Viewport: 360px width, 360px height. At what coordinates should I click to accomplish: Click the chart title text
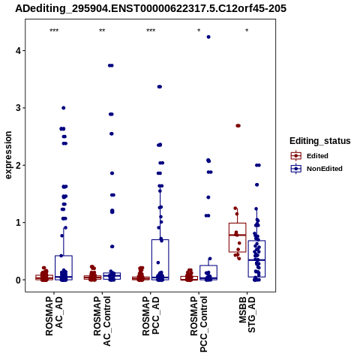151,8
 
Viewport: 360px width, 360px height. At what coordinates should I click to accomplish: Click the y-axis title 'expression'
8,155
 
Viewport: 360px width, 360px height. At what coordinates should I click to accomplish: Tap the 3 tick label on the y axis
18,108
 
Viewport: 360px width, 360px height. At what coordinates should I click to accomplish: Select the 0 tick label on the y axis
18,280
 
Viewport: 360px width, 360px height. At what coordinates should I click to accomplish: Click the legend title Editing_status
320,141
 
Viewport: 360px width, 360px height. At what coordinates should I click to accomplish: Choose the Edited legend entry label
317,156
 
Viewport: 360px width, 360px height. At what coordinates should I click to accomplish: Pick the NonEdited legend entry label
325,169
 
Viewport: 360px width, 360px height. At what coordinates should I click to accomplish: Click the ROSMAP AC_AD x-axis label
54,316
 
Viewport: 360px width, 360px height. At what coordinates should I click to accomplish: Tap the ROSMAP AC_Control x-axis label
102,321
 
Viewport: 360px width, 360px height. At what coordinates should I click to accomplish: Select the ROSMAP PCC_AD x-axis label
151,316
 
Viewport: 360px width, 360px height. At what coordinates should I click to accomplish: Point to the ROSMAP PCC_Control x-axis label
199,324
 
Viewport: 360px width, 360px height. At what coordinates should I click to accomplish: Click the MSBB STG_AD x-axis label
247,314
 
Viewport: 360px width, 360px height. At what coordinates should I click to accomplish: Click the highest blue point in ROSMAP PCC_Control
208,37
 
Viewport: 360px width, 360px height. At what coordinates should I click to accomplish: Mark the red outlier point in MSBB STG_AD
238,126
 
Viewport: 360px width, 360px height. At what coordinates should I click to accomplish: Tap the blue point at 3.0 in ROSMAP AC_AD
64,108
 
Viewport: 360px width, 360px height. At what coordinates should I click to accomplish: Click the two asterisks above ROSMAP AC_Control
102,31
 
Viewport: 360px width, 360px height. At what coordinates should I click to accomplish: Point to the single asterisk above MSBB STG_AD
247,31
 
